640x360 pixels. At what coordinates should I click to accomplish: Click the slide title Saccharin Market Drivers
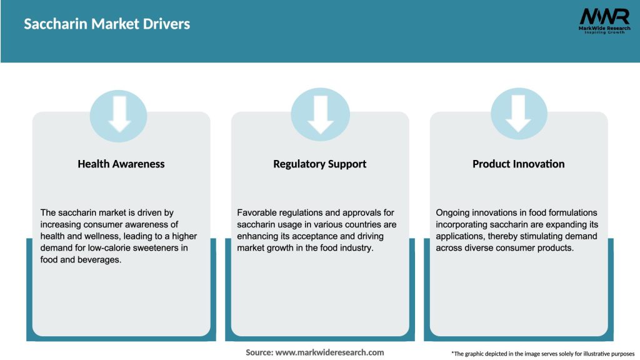tap(107, 24)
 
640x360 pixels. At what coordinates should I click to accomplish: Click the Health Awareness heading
tap(121, 164)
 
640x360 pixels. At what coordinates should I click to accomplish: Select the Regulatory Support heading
tap(319, 164)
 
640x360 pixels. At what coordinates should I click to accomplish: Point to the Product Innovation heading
tap(518, 164)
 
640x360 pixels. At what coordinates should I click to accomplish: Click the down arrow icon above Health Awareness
tap(119, 114)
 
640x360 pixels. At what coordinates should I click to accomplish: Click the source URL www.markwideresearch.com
tap(329, 352)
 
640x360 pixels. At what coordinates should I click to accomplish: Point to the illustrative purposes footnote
tap(542, 354)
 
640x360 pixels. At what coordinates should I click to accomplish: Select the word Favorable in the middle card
tap(257, 212)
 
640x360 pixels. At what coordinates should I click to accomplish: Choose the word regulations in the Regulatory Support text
tap(306, 212)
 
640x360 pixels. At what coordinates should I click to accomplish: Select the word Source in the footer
tap(259, 352)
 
